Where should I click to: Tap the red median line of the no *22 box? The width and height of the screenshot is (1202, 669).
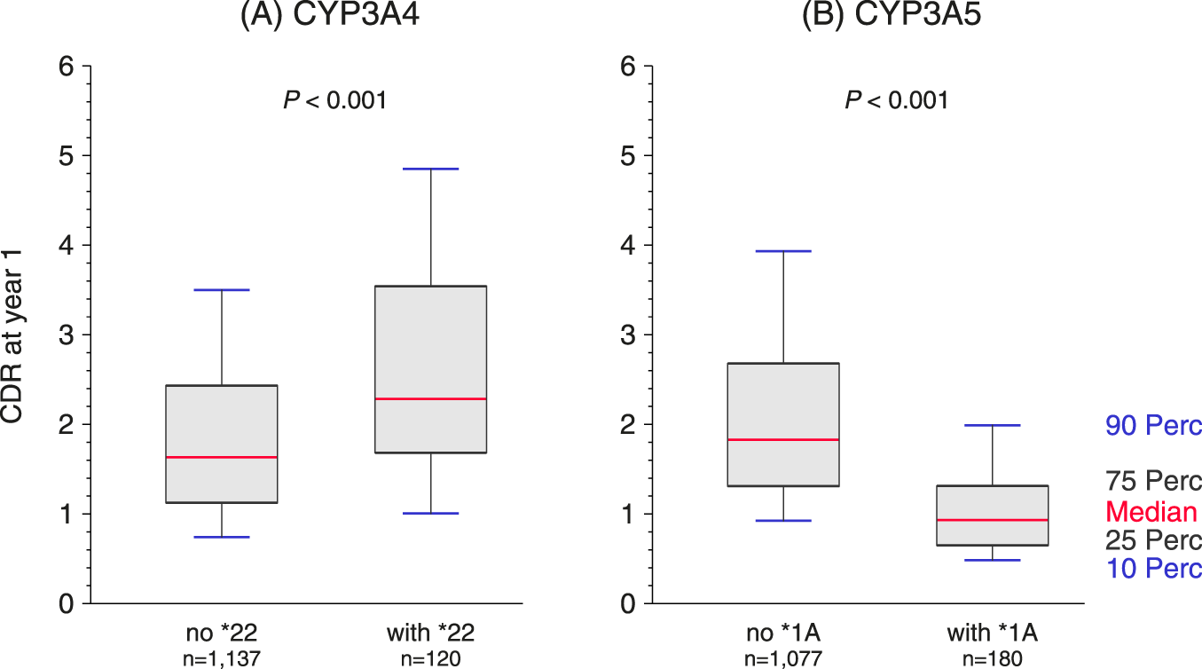[222, 457]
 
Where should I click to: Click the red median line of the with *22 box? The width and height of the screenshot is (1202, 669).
[430, 399]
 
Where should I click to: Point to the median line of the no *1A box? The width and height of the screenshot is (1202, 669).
[783, 439]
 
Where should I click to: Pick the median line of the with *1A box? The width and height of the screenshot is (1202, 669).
[992, 520]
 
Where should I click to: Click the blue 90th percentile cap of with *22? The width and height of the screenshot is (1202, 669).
[430, 169]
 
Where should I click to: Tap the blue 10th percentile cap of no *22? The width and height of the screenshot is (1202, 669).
[222, 537]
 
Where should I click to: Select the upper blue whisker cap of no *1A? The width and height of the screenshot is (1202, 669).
[783, 251]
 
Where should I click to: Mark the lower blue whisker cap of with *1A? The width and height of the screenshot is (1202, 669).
[992, 560]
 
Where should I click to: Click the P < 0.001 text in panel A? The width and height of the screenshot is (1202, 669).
[334, 100]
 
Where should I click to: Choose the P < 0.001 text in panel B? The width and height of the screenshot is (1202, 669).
[896, 100]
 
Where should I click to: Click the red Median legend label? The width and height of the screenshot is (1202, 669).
[1151, 512]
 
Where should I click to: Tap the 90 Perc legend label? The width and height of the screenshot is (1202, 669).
[1153, 427]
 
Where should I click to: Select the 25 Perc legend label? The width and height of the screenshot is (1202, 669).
[1153, 540]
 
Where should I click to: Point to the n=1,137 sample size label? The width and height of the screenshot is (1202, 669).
[222, 658]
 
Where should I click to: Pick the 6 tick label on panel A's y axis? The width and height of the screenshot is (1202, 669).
[65, 67]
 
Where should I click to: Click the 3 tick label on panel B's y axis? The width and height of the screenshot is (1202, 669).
[625, 335]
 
